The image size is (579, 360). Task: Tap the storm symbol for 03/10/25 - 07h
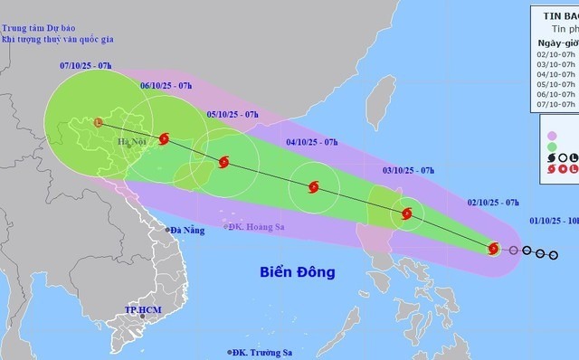click(x=407, y=214)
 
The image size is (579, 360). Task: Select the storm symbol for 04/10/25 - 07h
click(x=314, y=188)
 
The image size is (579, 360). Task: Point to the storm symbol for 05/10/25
click(x=223, y=163)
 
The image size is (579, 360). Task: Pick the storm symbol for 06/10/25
click(x=164, y=138)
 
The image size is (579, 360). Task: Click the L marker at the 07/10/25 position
click(x=98, y=120)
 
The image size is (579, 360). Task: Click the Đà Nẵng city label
click(x=186, y=205)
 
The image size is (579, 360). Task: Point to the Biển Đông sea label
click(x=299, y=246)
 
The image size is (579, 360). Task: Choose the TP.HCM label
click(x=141, y=312)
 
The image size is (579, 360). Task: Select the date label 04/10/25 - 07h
click(x=311, y=142)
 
